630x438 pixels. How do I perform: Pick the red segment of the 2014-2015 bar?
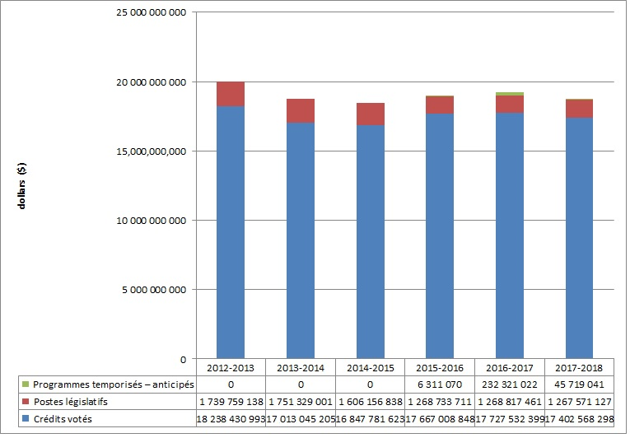point(370,114)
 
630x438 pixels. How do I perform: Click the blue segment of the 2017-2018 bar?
point(579,238)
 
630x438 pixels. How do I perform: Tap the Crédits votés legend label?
point(60,419)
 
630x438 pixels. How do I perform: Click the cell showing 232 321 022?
point(510,384)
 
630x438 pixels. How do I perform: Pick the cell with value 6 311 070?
point(440,384)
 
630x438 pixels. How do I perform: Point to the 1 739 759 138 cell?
point(230,402)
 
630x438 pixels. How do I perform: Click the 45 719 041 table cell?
point(580,384)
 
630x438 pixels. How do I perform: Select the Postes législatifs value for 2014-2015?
point(370,402)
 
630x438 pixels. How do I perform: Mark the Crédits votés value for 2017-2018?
point(580,419)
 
